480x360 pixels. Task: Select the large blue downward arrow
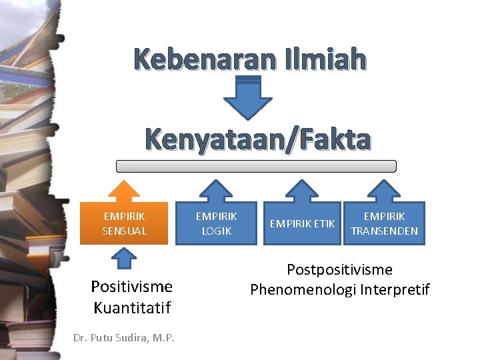pyautogui.click(x=247, y=97)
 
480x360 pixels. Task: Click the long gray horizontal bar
pyautogui.click(x=256, y=166)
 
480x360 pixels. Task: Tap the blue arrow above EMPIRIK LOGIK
pyautogui.click(x=216, y=191)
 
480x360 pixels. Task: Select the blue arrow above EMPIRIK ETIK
pyautogui.click(x=302, y=191)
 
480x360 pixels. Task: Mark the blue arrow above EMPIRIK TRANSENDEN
pyautogui.click(x=384, y=191)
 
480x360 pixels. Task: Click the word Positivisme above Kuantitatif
pyautogui.click(x=132, y=287)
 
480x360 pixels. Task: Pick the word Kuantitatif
pyautogui.click(x=132, y=307)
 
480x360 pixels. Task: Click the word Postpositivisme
pyautogui.click(x=339, y=270)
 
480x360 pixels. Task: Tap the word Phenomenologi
pyautogui.click(x=305, y=289)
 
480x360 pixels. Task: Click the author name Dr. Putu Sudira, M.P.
pyautogui.click(x=124, y=338)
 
